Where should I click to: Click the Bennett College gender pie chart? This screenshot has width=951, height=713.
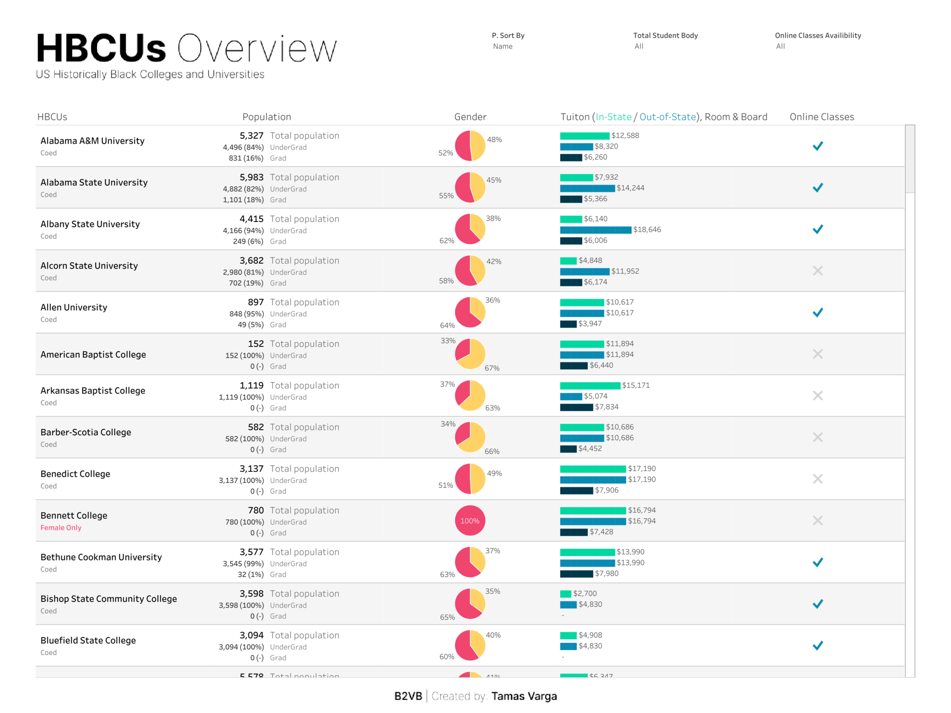click(470, 520)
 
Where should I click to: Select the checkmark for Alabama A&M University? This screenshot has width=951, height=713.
click(817, 146)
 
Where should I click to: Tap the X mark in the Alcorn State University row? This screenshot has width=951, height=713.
click(817, 271)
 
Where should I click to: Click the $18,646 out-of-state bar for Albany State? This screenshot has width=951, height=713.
click(595, 230)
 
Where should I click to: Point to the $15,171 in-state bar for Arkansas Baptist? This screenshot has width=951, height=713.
click(590, 385)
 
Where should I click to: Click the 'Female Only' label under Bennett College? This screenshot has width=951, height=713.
click(61, 528)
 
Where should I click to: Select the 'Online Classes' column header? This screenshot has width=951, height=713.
click(822, 117)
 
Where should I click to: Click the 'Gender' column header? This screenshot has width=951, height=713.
click(470, 117)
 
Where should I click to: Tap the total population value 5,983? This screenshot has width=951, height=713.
click(251, 177)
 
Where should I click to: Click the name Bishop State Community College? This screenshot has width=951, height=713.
click(108, 599)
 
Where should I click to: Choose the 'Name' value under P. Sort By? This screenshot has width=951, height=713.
click(503, 47)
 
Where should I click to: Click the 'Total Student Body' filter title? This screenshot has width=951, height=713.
click(665, 36)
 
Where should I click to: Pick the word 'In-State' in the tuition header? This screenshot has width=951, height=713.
click(613, 117)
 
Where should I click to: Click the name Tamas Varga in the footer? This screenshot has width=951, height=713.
click(524, 696)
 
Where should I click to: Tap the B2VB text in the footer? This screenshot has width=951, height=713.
click(408, 696)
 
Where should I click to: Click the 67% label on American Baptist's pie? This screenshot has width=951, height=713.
click(492, 368)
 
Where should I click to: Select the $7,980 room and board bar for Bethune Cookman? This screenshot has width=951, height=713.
click(576, 574)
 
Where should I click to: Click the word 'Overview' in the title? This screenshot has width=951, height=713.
click(257, 48)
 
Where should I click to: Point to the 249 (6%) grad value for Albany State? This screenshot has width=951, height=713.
click(248, 241)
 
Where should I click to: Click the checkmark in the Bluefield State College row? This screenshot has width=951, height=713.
click(817, 646)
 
